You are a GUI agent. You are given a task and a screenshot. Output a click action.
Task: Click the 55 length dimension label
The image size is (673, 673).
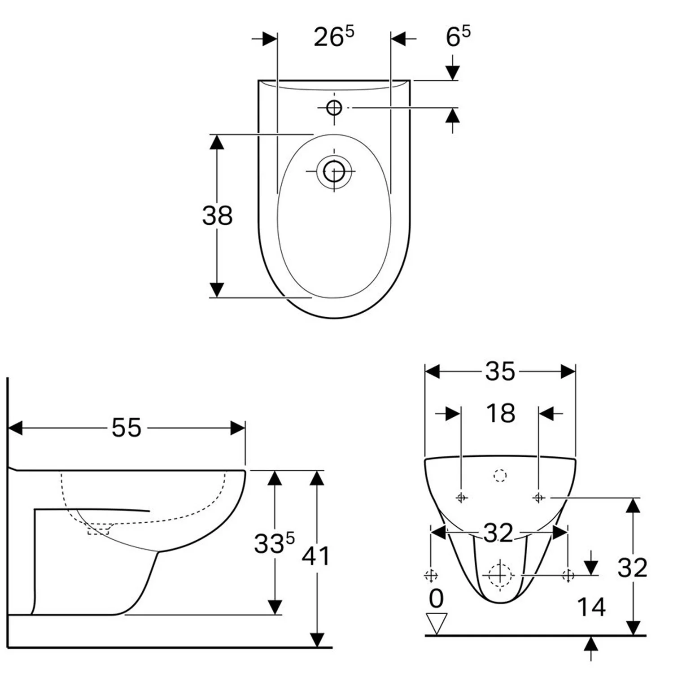click(127, 428)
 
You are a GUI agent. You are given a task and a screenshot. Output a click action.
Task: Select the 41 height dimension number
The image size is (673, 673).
click(316, 556)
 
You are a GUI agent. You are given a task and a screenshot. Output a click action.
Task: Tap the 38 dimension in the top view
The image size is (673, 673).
click(218, 215)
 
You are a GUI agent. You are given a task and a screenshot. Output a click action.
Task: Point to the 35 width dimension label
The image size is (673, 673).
click(500, 371)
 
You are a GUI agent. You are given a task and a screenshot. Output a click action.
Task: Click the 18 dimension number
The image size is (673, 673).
click(501, 413)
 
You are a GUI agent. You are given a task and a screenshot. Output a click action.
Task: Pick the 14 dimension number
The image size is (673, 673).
click(591, 607)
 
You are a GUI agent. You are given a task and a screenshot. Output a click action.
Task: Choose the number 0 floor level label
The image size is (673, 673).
click(436, 599)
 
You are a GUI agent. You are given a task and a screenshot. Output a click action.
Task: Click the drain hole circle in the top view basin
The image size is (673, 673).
click(334, 171)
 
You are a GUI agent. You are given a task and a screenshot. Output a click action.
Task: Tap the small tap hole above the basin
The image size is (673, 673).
click(334, 108)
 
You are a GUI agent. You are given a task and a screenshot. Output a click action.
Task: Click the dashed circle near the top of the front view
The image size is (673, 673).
click(500, 475)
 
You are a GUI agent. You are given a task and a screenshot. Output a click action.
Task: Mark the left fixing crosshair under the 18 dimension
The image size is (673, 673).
click(462, 498)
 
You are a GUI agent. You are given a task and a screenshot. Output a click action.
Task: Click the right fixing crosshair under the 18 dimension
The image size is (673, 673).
click(539, 498)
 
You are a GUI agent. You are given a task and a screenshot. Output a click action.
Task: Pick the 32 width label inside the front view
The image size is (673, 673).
click(498, 533)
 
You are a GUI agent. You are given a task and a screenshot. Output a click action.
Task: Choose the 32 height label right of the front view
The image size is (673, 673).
click(632, 568)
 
